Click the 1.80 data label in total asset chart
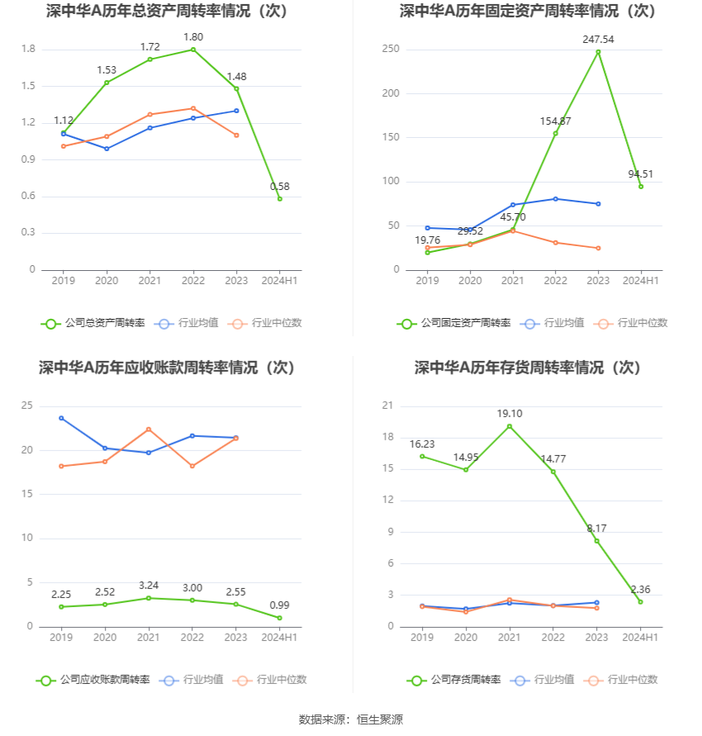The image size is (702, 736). point(192,37)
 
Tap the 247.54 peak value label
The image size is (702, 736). point(599,39)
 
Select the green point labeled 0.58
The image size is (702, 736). point(280,198)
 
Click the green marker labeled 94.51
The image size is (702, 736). point(641,186)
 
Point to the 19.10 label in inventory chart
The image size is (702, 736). point(509,414)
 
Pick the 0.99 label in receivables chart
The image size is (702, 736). point(280,605)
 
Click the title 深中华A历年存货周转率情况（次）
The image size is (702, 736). point(528,368)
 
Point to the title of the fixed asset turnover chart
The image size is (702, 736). point(528,11)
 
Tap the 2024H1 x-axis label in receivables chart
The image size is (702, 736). point(280,638)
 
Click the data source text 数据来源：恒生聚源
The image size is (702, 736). point(351,719)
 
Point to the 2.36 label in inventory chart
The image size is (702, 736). point(641,590)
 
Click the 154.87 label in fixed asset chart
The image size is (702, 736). point(555,121)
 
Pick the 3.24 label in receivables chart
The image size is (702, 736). point(149,585)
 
